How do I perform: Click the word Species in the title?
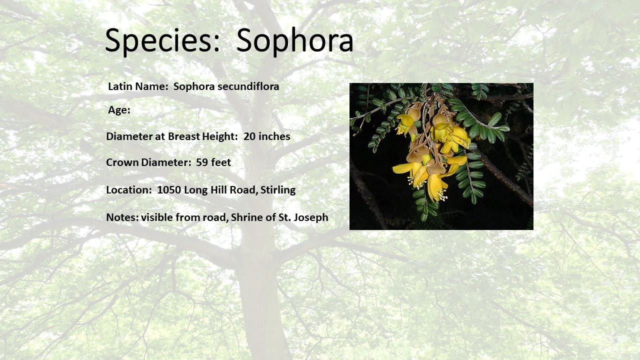click(x=162, y=40)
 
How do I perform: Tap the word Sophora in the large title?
click(x=295, y=40)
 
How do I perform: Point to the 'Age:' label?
click(x=119, y=110)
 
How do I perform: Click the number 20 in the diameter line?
click(x=249, y=136)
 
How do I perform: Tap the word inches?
click(x=274, y=136)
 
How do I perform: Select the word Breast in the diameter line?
click(x=183, y=136)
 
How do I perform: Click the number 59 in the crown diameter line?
click(x=201, y=162)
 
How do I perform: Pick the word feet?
click(x=221, y=162)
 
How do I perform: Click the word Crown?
click(x=122, y=162)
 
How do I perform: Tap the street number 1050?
click(x=169, y=189)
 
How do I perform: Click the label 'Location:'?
click(x=129, y=189)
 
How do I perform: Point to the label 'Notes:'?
click(x=122, y=217)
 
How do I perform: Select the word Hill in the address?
click(x=218, y=189)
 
